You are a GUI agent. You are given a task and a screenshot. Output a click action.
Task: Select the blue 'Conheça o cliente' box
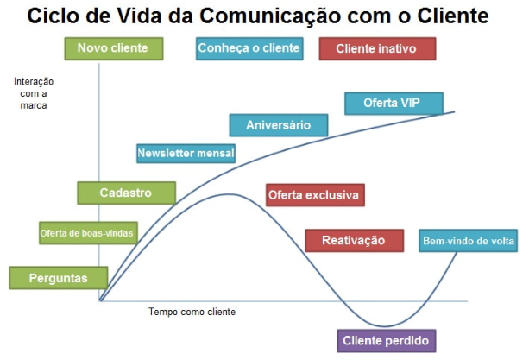tap(249, 48)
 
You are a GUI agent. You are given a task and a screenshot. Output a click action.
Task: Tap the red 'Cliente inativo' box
tap(376, 49)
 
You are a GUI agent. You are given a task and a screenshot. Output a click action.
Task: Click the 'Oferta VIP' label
tap(393, 103)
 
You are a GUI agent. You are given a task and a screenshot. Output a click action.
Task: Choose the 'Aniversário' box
tap(278, 125)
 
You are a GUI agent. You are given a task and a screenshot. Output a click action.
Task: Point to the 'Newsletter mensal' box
tap(186, 154)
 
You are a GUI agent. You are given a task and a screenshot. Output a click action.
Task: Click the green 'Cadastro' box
tap(126, 193)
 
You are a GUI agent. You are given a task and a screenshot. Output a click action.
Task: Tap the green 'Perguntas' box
tap(59, 278)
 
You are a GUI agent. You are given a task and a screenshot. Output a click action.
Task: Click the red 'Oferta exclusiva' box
tap(313, 195)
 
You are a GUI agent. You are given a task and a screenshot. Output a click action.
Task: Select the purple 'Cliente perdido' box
tap(384, 339)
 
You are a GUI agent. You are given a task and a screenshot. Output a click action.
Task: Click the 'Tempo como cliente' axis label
tap(192, 312)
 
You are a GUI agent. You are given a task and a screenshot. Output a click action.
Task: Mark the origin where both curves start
tap(100, 300)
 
